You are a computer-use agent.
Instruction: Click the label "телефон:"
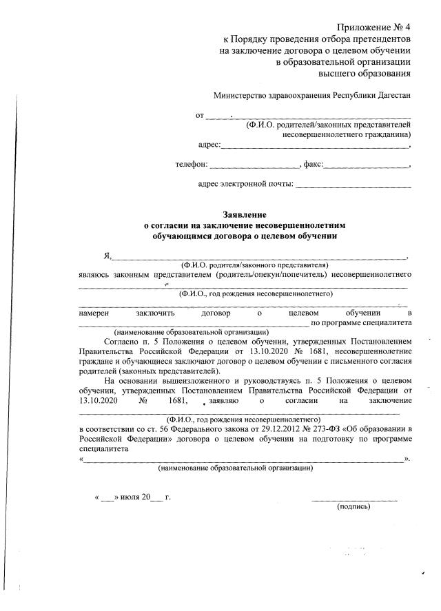click(191, 165)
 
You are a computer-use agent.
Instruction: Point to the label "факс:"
click(312, 165)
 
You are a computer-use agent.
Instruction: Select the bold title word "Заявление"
click(245, 215)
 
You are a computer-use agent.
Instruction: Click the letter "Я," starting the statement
click(107, 256)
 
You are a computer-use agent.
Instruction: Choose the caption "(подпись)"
click(353, 507)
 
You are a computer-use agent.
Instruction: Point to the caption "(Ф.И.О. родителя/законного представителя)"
click(254, 265)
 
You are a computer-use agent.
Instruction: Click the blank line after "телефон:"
click(253, 167)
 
